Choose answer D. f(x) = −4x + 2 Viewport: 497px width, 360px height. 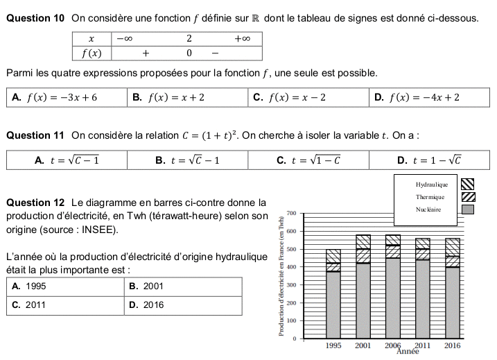click(424, 97)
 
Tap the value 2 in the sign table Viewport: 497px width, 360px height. click(189, 39)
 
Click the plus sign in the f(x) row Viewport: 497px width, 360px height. click(146, 53)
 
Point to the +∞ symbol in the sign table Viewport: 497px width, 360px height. click(242, 39)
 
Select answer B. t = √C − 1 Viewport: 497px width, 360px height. click(188, 160)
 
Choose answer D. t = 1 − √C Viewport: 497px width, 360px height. click(429, 160)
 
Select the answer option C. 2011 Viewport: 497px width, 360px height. click(30, 304)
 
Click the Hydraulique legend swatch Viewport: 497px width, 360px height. click(468, 185)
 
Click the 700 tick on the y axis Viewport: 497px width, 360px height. click(291, 212)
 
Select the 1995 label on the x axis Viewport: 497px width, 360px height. click(333, 345)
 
